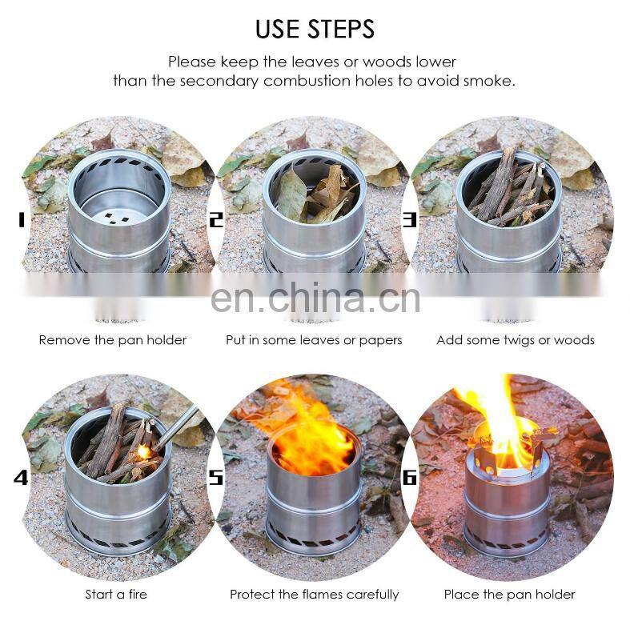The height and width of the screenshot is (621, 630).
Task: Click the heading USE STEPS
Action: (315, 29)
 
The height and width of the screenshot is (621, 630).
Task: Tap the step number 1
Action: (22, 220)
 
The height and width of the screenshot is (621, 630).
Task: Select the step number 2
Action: (216, 220)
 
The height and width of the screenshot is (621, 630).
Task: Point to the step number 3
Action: (410, 220)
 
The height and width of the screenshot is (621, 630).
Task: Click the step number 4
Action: (21, 478)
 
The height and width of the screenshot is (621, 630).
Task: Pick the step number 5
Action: (216, 478)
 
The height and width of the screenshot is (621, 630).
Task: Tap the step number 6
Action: (410, 478)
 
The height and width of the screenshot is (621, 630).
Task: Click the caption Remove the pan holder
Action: (113, 340)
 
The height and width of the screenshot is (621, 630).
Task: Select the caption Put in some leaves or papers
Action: (314, 340)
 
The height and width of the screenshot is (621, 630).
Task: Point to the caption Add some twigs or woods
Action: (516, 340)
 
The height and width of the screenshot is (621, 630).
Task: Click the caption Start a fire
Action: (116, 594)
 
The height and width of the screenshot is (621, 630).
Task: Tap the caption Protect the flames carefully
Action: (314, 595)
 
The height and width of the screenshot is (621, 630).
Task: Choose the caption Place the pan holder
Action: (509, 594)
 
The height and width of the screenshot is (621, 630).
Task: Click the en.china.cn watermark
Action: (315, 298)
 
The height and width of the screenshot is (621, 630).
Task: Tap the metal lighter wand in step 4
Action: (176, 427)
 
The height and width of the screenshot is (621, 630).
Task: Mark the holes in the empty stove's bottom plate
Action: (117, 218)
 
